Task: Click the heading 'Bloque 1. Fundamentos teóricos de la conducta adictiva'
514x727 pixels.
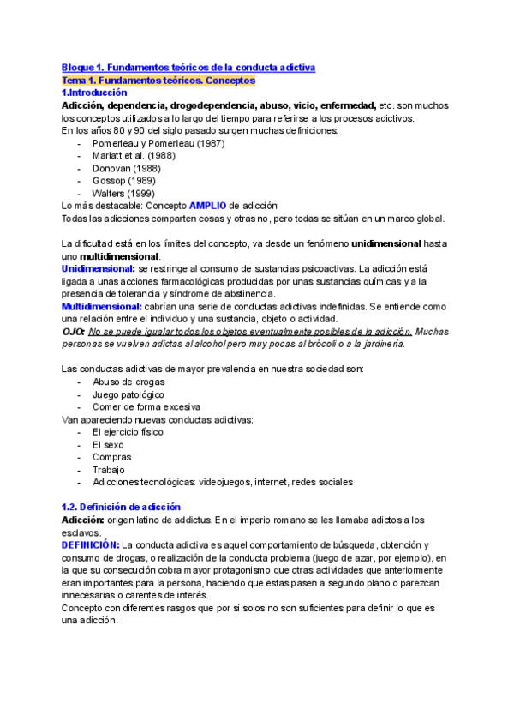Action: (x=188, y=67)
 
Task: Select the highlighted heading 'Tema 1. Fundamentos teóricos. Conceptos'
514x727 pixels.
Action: (x=158, y=80)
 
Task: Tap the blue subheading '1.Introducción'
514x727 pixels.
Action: (x=93, y=93)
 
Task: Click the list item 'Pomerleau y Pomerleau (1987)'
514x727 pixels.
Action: (x=158, y=143)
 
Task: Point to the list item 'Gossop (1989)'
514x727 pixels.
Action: (x=124, y=181)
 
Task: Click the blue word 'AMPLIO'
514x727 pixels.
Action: (x=207, y=207)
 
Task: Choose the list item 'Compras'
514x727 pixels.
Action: (x=111, y=457)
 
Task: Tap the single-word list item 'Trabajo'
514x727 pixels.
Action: (x=109, y=470)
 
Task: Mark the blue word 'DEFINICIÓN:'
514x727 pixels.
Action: (x=91, y=545)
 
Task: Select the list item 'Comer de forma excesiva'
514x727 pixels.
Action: (x=146, y=407)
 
